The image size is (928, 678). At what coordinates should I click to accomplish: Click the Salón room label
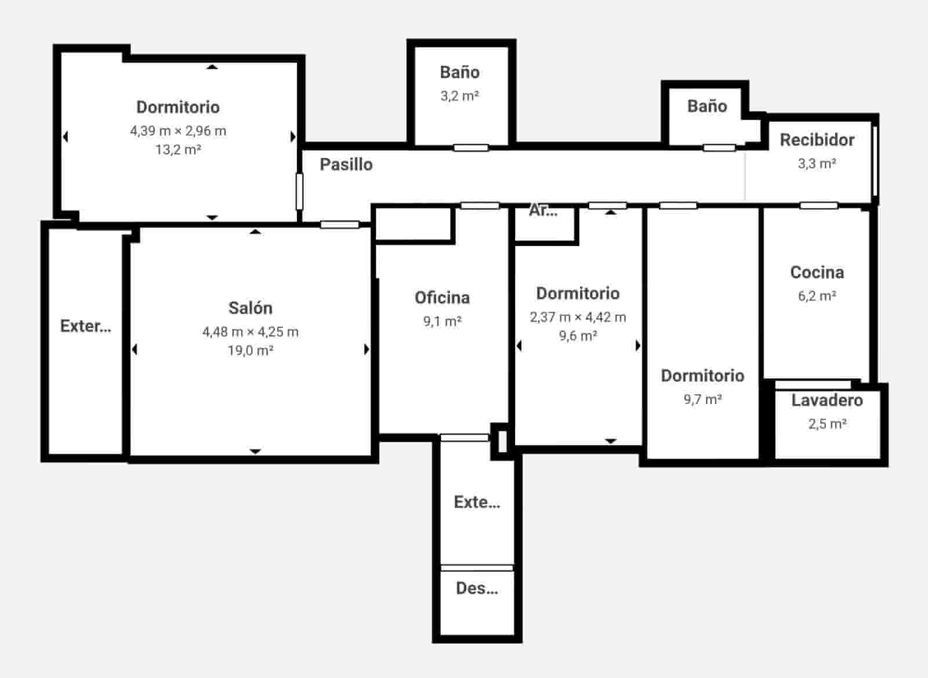pos(250,308)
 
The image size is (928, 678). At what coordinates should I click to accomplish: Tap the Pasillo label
pos(346,164)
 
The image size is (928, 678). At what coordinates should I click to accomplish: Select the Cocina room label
pos(817,272)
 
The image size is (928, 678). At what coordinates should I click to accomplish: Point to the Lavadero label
pos(827,400)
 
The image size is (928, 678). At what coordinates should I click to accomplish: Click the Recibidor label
pos(817,140)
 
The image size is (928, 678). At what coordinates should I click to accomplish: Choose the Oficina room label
pos(442,298)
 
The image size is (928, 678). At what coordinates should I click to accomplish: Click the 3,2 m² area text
pos(459,96)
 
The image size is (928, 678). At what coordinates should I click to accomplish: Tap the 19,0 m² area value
pos(250,351)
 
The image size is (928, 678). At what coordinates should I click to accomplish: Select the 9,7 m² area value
pos(702,399)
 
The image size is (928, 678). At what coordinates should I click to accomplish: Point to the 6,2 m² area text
pos(817,296)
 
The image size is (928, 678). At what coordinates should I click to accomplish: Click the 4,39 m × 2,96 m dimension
pos(178,131)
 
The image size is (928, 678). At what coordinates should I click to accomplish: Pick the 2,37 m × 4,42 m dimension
pos(578,317)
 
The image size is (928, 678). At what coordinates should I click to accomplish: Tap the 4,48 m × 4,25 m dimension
pos(250,332)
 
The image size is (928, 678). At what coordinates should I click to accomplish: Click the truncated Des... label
pos(477,589)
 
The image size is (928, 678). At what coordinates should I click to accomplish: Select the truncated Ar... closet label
pos(543,211)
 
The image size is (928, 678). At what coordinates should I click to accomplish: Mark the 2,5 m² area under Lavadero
pos(827,424)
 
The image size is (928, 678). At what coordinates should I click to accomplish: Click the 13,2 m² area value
pos(178,150)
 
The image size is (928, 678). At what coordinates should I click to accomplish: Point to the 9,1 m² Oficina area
pos(442,321)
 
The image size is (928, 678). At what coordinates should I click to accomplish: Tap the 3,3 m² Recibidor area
pos(817,164)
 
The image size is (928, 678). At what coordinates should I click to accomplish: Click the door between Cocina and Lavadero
pos(813,384)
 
